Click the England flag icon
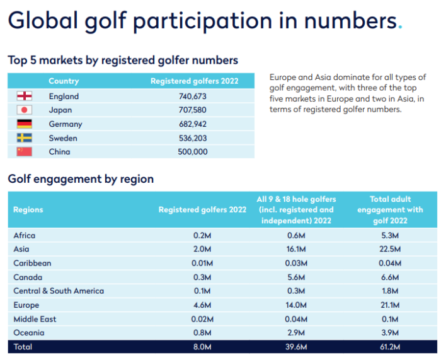(24, 96)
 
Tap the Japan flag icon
(24, 110)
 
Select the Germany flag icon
(24, 124)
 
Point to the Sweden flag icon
(24, 138)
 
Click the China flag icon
(24, 152)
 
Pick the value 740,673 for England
(193, 96)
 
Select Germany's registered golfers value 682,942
(193, 124)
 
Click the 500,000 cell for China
(193, 152)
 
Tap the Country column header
(64, 81)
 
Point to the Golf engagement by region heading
(81, 179)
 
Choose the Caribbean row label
(32, 263)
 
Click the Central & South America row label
(59, 291)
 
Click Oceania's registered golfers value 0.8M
(202, 333)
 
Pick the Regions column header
(28, 210)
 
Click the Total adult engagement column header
(390, 210)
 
